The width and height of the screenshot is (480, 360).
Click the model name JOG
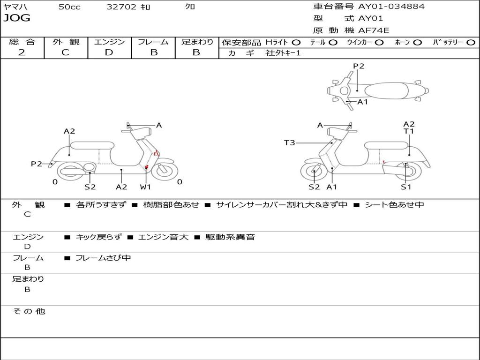17,18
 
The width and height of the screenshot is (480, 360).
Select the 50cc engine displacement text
69,7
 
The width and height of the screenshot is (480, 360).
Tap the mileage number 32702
121,7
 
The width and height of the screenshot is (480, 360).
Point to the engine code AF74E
374,31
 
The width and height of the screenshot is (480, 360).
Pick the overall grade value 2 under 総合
22,52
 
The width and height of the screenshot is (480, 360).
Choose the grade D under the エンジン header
109,52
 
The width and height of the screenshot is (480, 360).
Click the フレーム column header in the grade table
153,42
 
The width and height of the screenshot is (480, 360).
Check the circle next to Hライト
296,43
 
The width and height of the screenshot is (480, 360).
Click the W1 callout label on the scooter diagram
145,187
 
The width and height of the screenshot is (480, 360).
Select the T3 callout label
290,142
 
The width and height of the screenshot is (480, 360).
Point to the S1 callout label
405,187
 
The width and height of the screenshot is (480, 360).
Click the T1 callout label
409,132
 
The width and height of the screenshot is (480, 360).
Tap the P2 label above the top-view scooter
359,66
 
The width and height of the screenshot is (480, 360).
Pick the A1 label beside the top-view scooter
363,102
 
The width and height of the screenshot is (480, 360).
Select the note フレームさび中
103,258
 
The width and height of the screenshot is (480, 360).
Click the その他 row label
29,311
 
